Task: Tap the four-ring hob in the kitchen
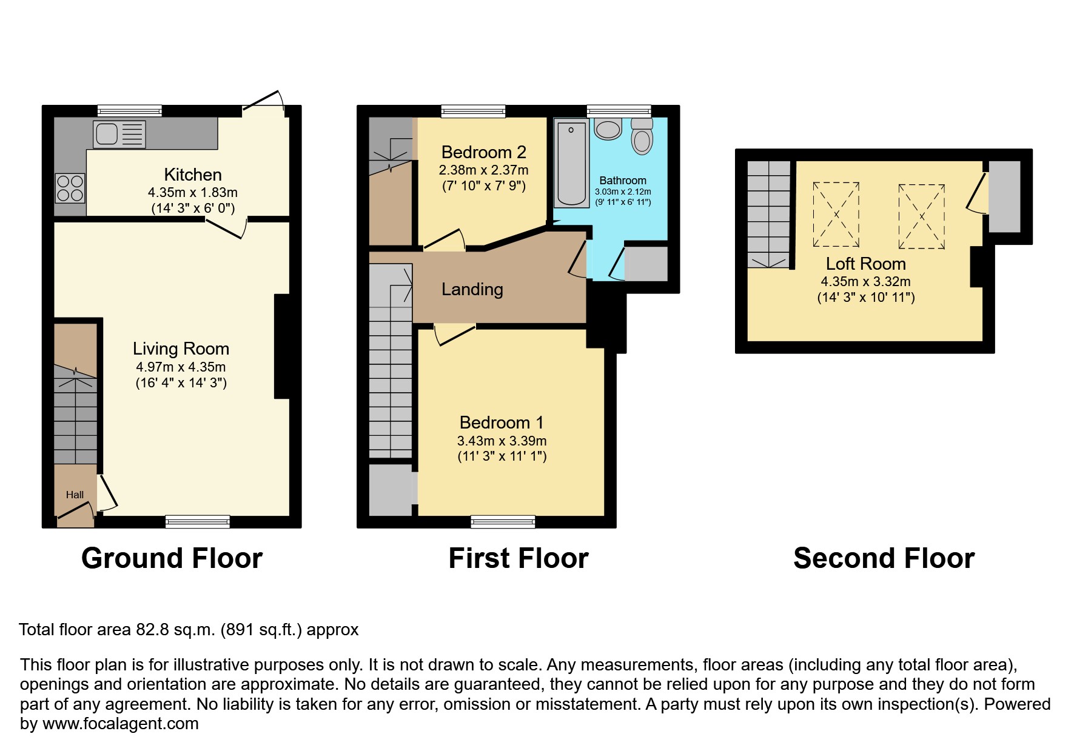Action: click(70, 188)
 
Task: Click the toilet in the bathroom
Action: click(642, 137)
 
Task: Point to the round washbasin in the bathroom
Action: click(608, 129)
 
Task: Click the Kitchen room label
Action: click(193, 175)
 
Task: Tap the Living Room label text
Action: click(181, 349)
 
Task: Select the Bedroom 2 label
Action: click(483, 152)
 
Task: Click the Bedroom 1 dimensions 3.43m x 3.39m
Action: click(502, 441)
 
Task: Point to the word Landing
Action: click(472, 290)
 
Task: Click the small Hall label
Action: click(75, 495)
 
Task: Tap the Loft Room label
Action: click(865, 264)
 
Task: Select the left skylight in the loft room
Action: click(836, 215)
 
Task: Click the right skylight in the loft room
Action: click(921, 216)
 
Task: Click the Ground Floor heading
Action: click(172, 558)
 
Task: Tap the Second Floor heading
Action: click(884, 558)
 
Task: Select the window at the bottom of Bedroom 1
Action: click(503, 521)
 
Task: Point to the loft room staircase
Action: click(768, 215)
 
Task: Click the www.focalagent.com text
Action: click(121, 724)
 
